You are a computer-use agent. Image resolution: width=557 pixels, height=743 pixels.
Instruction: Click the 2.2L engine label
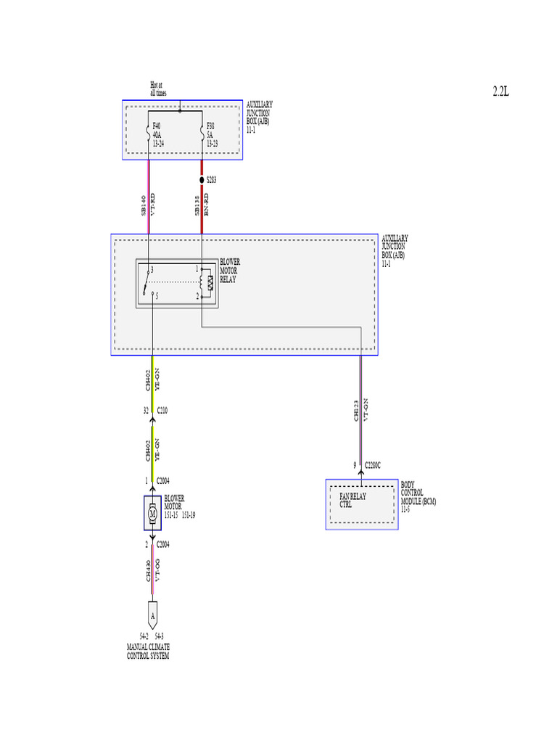pyautogui.click(x=501, y=91)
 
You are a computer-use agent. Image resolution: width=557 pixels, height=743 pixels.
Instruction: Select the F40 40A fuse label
pyautogui.click(x=157, y=135)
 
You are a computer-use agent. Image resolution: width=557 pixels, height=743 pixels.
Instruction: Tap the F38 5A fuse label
pyautogui.click(x=212, y=135)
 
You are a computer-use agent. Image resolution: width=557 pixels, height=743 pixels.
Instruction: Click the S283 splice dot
pyautogui.click(x=202, y=179)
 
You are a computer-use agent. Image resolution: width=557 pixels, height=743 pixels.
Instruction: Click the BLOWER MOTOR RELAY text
pyautogui.click(x=230, y=270)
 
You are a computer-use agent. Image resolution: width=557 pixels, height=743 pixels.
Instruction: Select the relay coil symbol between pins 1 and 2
pyautogui.click(x=210, y=283)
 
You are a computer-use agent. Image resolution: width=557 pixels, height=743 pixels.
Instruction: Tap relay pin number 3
pyautogui.click(x=152, y=269)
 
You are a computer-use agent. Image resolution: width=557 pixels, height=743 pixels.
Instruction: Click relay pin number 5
pyautogui.click(x=157, y=296)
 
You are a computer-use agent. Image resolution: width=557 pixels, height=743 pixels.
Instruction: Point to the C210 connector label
pyautogui.click(x=162, y=411)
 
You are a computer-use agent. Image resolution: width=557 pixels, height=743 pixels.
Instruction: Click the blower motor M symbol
pyautogui.click(x=152, y=514)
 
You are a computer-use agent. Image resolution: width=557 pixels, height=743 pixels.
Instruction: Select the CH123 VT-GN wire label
pyautogui.click(x=361, y=411)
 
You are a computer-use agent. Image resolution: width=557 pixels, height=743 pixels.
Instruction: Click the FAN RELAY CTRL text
pyautogui.click(x=353, y=501)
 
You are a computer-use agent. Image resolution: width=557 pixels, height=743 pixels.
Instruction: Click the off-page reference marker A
pyautogui.click(x=152, y=615)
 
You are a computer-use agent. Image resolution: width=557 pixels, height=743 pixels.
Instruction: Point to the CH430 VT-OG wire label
pyautogui.click(x=152, y=570)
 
